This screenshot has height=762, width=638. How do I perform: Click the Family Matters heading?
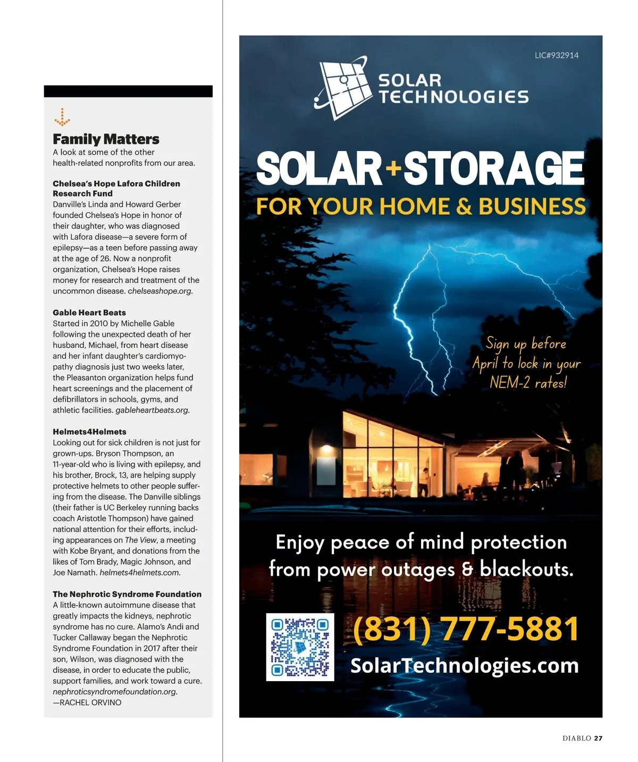106,139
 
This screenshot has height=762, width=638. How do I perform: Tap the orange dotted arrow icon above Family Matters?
62,117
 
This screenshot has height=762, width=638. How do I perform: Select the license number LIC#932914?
556,55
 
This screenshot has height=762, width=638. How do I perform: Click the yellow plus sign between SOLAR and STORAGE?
393,169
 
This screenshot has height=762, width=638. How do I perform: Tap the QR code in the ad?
300,647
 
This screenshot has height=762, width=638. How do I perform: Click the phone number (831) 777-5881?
465,629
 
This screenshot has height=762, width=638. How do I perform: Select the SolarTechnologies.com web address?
464,665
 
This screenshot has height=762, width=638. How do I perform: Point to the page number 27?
598,738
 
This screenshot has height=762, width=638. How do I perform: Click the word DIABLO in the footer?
577,738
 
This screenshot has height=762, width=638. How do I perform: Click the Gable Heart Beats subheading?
89,313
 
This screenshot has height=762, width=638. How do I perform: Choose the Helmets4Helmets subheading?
89,432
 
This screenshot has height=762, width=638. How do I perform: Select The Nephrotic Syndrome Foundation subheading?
127,594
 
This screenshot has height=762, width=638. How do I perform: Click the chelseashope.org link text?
159,291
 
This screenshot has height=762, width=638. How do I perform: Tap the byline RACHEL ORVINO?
90,702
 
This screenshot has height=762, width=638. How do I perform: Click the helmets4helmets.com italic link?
139,573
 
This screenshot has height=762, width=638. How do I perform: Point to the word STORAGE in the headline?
494,169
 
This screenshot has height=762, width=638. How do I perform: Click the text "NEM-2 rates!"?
528,382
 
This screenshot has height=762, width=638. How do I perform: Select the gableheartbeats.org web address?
152,410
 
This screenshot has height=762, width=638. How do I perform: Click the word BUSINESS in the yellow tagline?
532,207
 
